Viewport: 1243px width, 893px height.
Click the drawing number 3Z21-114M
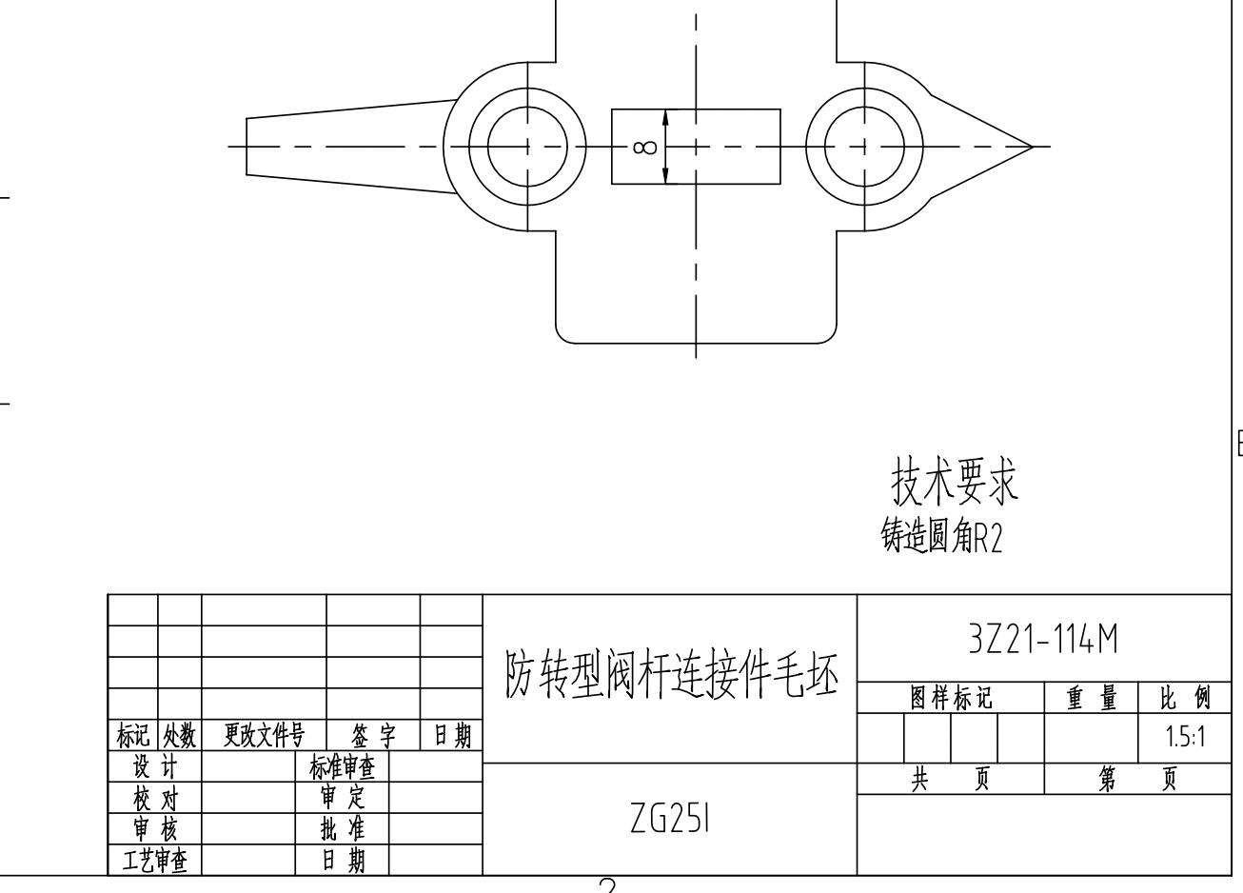coord(1043,640)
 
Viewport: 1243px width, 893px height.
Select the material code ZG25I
coord(670,818)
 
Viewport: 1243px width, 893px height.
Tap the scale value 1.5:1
coord(1185,737)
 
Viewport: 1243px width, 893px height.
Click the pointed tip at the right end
coord(1032,147)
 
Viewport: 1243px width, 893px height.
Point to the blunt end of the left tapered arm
coord(247,147)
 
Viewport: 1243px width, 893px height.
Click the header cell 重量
coord(1092,698)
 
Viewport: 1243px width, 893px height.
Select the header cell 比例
coord(1185,698)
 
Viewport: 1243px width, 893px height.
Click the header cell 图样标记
coord(951,698)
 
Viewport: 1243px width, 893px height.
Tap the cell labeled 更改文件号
coord(264,735)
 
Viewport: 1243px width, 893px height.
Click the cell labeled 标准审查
coord(342,766)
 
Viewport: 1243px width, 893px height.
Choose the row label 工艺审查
coord(154,861)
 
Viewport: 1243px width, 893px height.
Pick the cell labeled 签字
coord(373,735)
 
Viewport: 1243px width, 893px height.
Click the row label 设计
coord(154,766)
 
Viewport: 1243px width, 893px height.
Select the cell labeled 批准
coord(342,828)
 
